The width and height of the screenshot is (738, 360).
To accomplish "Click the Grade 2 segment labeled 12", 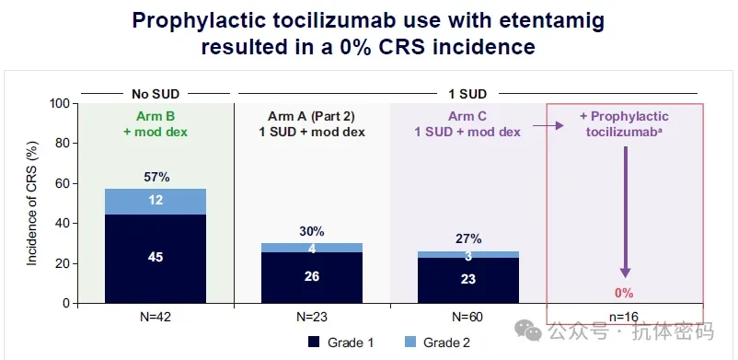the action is coord(156,202).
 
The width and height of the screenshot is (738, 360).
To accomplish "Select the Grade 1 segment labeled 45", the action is coord(156,259).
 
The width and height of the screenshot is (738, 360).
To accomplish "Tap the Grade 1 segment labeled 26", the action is coord(312,277).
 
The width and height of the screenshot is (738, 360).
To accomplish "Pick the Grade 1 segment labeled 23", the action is coord(467,281).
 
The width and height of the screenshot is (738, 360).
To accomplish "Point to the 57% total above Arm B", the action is coord(156,178).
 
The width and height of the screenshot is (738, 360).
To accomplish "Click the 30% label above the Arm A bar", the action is coord(312,232).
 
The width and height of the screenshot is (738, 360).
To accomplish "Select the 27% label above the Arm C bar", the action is coord(468,238).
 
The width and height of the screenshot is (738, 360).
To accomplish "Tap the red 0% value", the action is coord(624,293).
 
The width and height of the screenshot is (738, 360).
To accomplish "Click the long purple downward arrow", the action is coord(625,212).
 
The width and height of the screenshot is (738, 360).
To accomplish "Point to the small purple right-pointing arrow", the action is coord(548,126).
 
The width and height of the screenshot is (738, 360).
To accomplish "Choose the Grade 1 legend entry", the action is coord(340,343).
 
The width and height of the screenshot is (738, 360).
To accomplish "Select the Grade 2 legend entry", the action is coord(437,343).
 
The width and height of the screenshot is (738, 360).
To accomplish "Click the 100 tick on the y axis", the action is coord(63,103).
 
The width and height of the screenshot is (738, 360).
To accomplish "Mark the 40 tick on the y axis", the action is coord(66,224).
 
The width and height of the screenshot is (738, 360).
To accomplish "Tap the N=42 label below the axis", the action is coord(156,317).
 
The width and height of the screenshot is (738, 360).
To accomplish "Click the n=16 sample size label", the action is coord(624,317).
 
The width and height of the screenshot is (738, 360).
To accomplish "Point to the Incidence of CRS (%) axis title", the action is coord(31,203).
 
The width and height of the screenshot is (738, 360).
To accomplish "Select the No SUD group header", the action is coord(156,94).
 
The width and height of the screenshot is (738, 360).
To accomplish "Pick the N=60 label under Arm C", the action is coord(468,317).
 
